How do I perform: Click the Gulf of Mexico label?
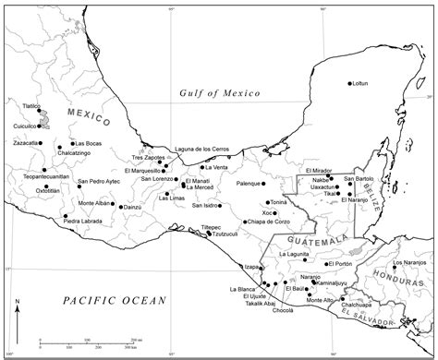click(x=220, y=93)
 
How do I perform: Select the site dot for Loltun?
click(x=350, y=84)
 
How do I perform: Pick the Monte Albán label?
click(x=94, y=203)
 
